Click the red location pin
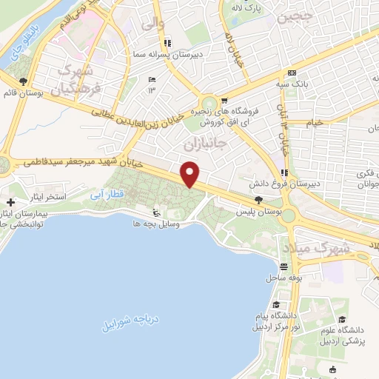[190, 175]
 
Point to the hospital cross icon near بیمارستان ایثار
[10, 202]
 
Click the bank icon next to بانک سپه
[292, 73]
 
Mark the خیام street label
[315, 122]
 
